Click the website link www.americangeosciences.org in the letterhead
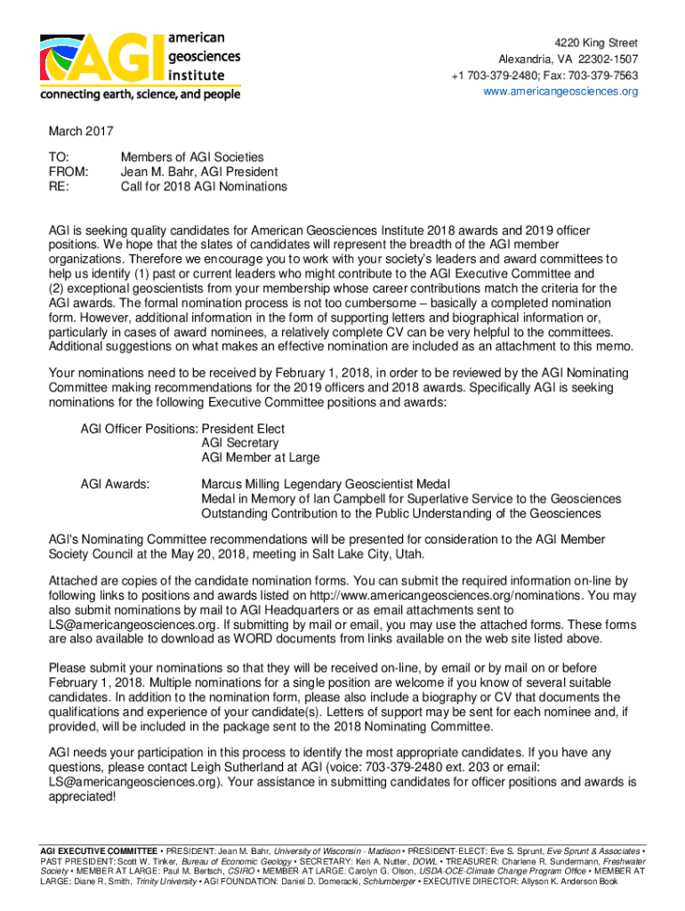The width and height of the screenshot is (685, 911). pyautogui.click(x=560, y=92)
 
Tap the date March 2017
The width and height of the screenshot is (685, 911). pyautogui.click(x=81, y=132)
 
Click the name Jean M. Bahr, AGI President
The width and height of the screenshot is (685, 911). pyautogui.click(x=199, y=172)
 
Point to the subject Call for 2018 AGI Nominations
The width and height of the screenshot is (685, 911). pyautogui.click(x=204, y=187)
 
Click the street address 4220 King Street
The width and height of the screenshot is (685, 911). pyautogui.click(x=597, y=43)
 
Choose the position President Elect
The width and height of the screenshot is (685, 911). pyautogui.click(x=243, y=428)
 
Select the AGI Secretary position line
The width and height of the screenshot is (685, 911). pyautogui.click(x=239, y=443)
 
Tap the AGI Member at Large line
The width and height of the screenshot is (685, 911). pyautogui.click(x=260, y=457)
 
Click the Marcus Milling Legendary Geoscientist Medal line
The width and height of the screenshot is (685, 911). pyautogui.click(x=326, y=484)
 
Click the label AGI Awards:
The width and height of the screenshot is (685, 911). pyautogui.click(x=115, y=484)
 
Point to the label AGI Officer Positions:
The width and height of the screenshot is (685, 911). pyautogui.click(x=139, y=428)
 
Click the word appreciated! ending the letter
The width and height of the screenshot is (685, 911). pyautogui.click(x=82, y=796)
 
